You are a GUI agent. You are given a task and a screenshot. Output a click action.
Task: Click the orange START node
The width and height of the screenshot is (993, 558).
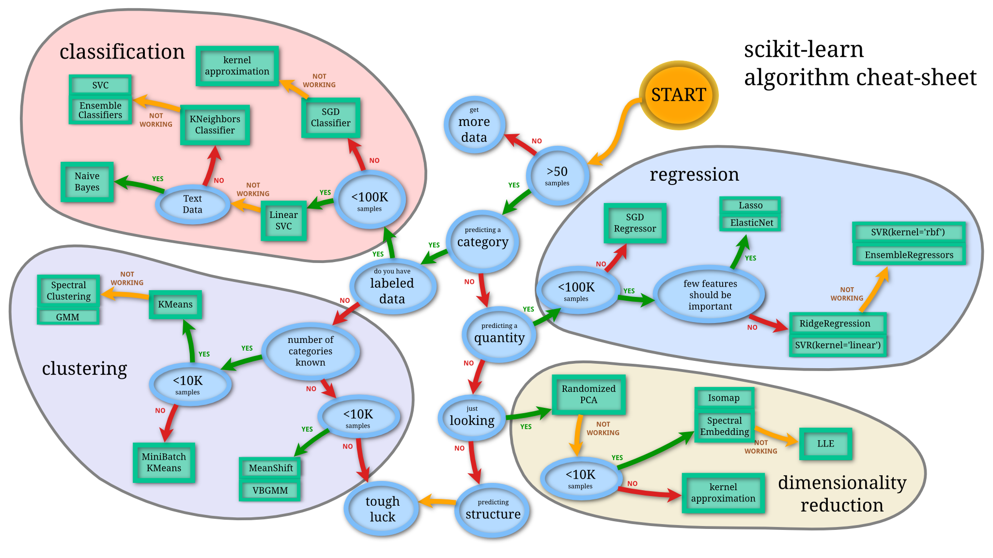(x=678, y=95)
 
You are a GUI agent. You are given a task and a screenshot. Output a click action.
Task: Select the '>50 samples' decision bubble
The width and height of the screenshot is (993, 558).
(x=557, y=175)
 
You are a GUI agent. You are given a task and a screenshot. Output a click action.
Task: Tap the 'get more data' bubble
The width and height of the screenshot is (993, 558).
(x=474, y=125)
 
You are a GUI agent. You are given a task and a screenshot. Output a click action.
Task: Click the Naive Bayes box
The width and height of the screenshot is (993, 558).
(x=87, y=182)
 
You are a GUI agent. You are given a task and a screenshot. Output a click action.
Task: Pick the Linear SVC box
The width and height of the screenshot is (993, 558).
(x=284, y=220)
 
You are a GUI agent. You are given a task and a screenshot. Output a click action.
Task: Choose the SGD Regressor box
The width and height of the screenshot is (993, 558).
(x=635, y=223)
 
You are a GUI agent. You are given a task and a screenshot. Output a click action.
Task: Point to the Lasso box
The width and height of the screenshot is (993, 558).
(x=750, y=205)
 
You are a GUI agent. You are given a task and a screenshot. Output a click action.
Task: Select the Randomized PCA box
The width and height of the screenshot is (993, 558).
(x=589, y=394)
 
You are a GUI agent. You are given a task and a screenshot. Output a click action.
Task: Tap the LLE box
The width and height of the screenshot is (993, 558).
(x=825, y=444)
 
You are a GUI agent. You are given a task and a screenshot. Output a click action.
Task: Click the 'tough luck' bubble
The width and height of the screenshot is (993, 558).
(x=382, y=509)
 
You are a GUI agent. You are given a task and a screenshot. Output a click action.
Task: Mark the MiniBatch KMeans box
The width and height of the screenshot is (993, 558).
(x=164, y=463)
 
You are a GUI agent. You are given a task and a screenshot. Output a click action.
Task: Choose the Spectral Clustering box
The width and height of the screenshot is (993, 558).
(x=69, y=291)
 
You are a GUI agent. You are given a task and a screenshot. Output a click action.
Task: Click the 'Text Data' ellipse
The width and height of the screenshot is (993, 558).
(x=193, y=204)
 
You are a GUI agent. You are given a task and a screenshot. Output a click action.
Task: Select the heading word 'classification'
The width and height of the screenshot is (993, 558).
(x=122, y=51)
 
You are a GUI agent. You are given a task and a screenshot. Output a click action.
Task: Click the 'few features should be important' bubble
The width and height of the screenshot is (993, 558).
(x=710, y=294)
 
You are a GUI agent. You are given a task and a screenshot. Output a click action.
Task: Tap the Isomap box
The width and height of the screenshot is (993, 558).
(x=724, y=398)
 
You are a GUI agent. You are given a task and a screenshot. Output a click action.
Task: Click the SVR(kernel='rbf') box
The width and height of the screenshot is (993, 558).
(x=908, y=232)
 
